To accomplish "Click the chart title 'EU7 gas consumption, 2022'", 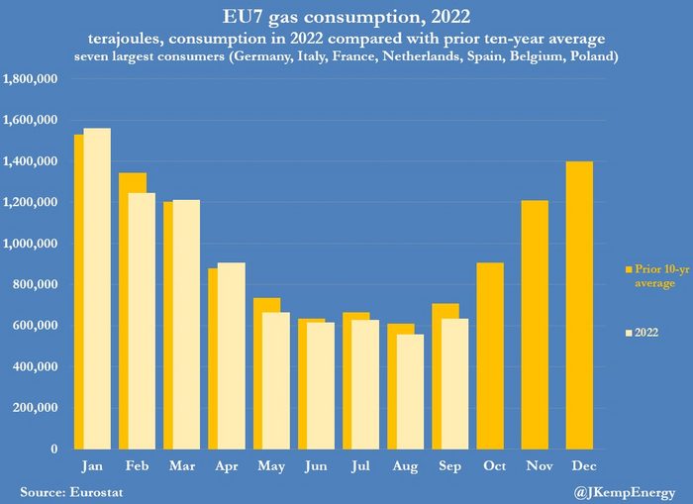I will (346, 17).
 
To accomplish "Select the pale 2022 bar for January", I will (97, 288).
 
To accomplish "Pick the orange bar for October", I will (489, 355).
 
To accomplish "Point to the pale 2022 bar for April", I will (231, 355).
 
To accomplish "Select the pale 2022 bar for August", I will (410, 391).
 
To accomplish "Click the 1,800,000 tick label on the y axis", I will (37, 79).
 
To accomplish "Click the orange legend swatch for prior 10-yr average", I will (628, 269).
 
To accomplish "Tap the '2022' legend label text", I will (647, 333).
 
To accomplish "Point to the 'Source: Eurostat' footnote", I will (72, 490).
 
